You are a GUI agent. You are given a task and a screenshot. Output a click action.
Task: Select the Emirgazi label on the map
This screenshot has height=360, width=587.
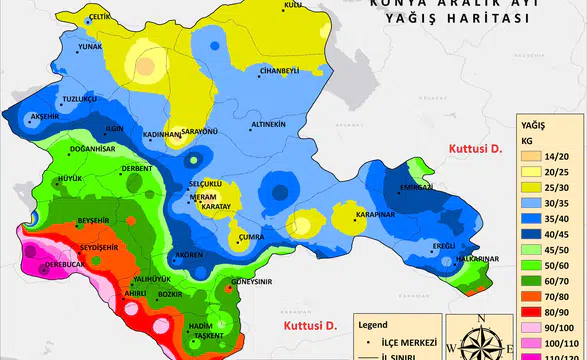click(415, 187)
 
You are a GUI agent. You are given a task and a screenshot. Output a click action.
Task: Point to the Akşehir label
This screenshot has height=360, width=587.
click(46, 116)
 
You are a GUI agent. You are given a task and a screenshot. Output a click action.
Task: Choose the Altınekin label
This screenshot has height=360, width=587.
click(268, 124)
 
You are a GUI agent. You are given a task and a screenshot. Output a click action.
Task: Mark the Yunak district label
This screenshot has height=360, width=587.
click(90, 46)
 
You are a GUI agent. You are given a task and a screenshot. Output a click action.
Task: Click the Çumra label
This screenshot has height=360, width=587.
click(250, 238)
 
